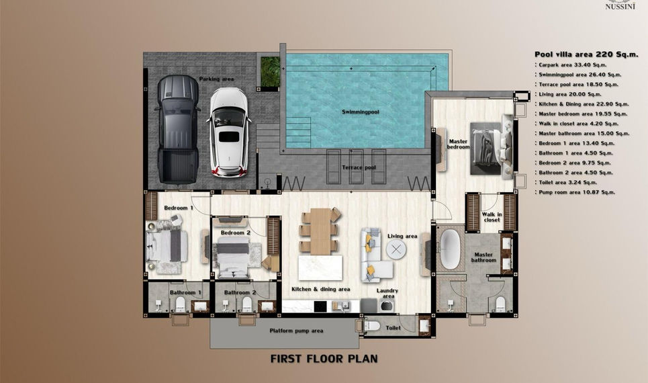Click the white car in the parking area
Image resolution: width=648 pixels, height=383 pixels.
click(228, 132)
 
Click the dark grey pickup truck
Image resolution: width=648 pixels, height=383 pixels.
click(178, 130)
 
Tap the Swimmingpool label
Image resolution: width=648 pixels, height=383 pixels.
click(361, 112)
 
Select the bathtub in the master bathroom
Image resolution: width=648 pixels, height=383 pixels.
click(450, 249)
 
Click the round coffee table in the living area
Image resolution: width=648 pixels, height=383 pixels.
click(396, 249)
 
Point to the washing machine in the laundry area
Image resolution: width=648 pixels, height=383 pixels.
click(387, 306)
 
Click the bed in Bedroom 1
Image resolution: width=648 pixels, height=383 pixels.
click(166, 246)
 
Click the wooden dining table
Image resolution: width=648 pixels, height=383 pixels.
click(321, 231)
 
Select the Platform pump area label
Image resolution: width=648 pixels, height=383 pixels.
click(296, 331)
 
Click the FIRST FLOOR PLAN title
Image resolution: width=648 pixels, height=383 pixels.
click(324, 359)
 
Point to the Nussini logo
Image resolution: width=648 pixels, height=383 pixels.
click(620, 5)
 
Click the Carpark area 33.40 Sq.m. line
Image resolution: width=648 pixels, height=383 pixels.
click(571, 65)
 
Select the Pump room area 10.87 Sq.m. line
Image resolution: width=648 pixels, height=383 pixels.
click(575, 192)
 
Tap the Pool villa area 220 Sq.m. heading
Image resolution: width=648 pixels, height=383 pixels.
click(586, 54)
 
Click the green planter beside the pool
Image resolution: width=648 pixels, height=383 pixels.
click(270, 71)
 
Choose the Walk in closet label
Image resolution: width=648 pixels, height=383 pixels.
click(492, 217)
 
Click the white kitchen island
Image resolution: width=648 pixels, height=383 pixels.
click(320, 267)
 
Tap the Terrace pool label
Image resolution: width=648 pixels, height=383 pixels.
click(359, 167)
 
